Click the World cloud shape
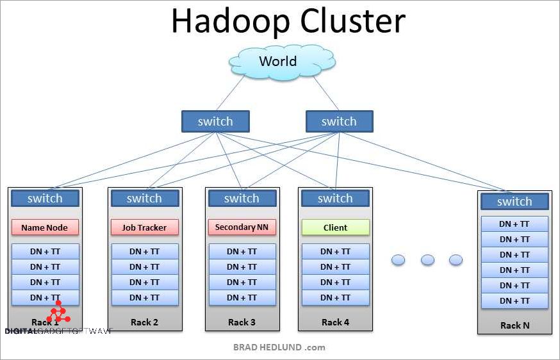(277, 62)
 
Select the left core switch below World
(215, 122)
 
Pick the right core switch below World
(339, 122)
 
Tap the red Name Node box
(45, 227)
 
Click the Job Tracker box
(144, 227)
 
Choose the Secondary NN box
(242, 227)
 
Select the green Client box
(335, 227)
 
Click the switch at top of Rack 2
(144, 199)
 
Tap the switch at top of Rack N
(515, 202)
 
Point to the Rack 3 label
(242, 322)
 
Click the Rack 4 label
(335, 322)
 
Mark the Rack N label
(515, 325)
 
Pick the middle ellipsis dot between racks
(427, 260)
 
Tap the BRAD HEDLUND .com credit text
(279, 347)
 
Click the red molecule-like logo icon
(59, 313)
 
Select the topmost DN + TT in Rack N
(515, 224)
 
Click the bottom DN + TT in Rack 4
(335, 298)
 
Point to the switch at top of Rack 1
(45, 199)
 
